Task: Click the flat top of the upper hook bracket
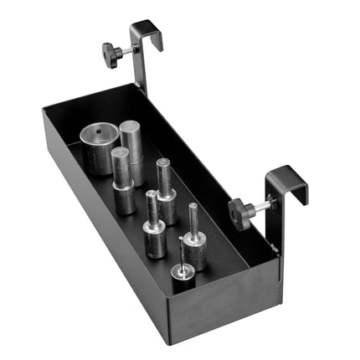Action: tap(147, 26)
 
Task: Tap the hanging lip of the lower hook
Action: tap(302, 194)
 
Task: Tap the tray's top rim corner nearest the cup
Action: tap(46, 107)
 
